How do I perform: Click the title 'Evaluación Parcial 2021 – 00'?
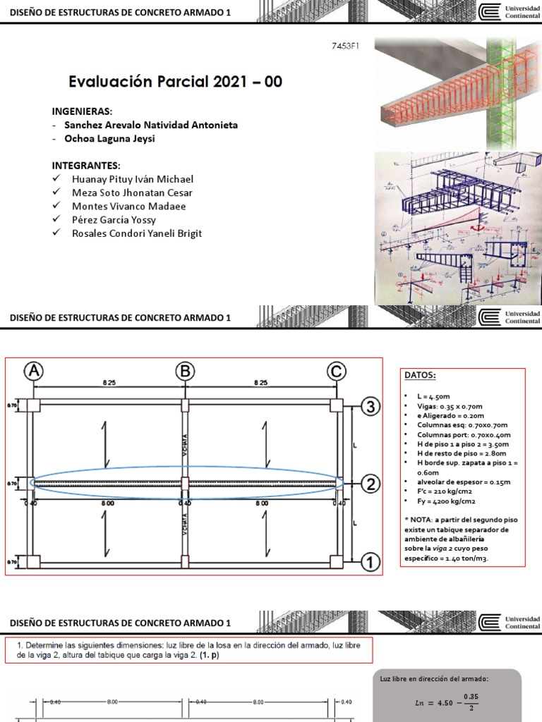point(175,82)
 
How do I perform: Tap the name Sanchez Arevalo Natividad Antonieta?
point(150,125)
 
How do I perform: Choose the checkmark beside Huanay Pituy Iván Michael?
point(56,180)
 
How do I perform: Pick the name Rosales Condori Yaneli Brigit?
point(136,233)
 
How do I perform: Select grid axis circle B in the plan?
point(185,371)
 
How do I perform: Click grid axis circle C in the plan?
point(336,371)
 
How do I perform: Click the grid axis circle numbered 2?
point(371,484)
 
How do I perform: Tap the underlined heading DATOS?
point(419,375)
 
